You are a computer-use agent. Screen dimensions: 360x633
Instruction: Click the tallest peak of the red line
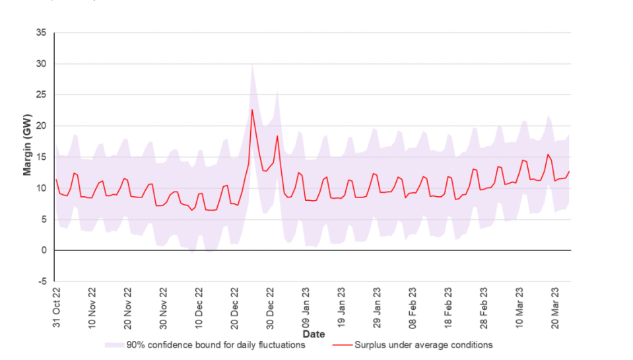252,110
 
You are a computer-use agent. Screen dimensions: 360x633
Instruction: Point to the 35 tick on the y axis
41,32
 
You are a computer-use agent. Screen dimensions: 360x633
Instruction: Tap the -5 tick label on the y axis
41,281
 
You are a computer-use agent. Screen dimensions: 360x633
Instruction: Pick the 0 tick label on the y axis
44,250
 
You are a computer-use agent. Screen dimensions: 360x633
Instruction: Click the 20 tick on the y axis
41,126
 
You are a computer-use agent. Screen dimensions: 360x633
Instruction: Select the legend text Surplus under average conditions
423,345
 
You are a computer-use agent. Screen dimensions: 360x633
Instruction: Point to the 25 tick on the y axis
41,94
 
